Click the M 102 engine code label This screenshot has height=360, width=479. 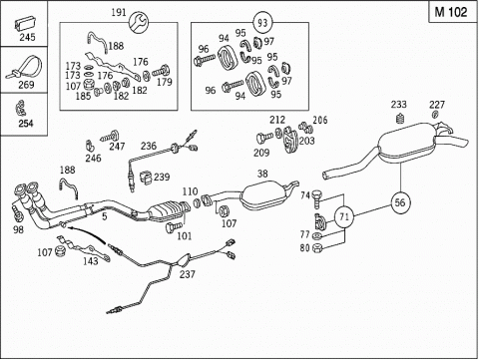[451, 12]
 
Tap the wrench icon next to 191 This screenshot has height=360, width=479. [139, 23]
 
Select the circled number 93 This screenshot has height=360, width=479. [262, 23]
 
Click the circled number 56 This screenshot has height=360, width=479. [400, 202]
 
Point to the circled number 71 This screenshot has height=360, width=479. [344, 217]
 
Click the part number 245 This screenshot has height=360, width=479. [27, 37]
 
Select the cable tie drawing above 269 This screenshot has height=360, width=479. [25, 68]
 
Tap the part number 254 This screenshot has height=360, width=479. [26, 124]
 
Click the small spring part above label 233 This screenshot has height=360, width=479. [401, 118]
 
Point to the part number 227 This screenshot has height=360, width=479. [437, 105]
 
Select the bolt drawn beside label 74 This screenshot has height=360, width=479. [316, 197]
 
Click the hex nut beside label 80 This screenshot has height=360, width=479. [317, 247]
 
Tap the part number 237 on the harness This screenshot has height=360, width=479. [188, 274]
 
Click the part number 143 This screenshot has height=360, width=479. [91, 261]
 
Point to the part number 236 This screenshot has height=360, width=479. [149, 146]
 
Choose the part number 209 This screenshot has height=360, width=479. [261, 153]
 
